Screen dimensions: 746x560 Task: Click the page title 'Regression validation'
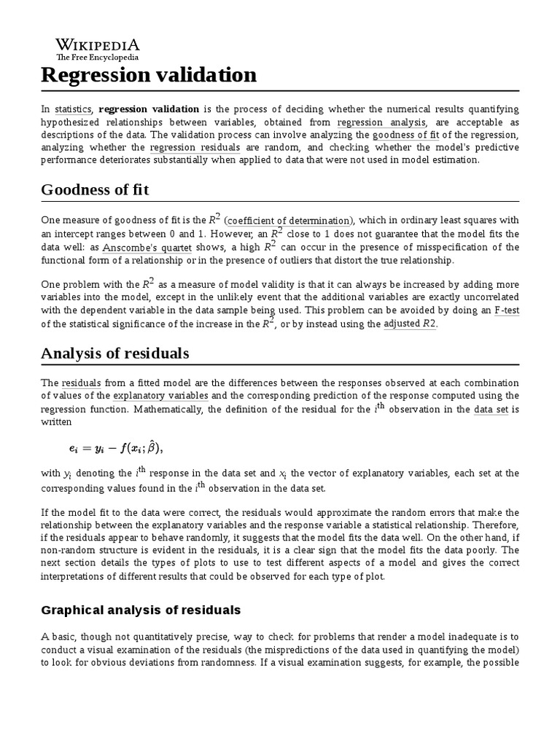tap(149, 75)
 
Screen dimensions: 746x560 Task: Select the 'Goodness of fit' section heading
tap(95, 190)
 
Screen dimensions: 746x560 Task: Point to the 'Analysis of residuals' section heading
tap(114, 353)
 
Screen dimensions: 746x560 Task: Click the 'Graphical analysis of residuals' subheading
tap(141, 609)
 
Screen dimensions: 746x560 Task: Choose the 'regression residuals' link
tap(195, 147)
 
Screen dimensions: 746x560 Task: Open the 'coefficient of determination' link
tap(289, 221)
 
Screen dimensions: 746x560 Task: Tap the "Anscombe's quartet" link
tap(139, 247)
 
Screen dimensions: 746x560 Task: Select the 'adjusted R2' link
tap(410, 323)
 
